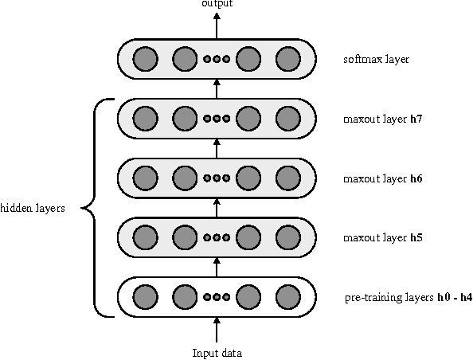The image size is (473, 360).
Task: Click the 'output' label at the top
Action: click(217, 5)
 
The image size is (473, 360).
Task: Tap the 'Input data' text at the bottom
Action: click(217, 353)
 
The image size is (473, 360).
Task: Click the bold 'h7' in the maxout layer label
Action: click(416, 119)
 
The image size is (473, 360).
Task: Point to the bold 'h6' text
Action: click(416, 178)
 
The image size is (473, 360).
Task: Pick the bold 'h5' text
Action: click(416, 237)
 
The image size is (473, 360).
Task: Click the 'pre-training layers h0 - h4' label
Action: click(408, 298)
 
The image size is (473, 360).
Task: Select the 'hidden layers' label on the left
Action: click(33, 209)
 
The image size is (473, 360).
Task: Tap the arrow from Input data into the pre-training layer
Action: click(217, 330)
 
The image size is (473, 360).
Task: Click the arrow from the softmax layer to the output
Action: click(217, 25)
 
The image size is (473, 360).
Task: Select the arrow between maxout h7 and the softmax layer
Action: click(217, 88)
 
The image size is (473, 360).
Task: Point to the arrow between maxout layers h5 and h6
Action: click(217, 207)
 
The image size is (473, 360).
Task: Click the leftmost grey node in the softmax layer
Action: click(144, 59)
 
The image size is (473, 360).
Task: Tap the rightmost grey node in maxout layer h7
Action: click(287, 119)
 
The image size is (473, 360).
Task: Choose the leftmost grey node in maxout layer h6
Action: click(144, 178)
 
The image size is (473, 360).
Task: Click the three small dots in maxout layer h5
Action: click(217, 237)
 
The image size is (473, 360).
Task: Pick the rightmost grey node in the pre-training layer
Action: click(287, 297)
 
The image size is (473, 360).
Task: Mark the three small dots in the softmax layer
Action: click(217, 59)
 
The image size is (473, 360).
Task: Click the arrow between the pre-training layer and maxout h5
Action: click(217, 267)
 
